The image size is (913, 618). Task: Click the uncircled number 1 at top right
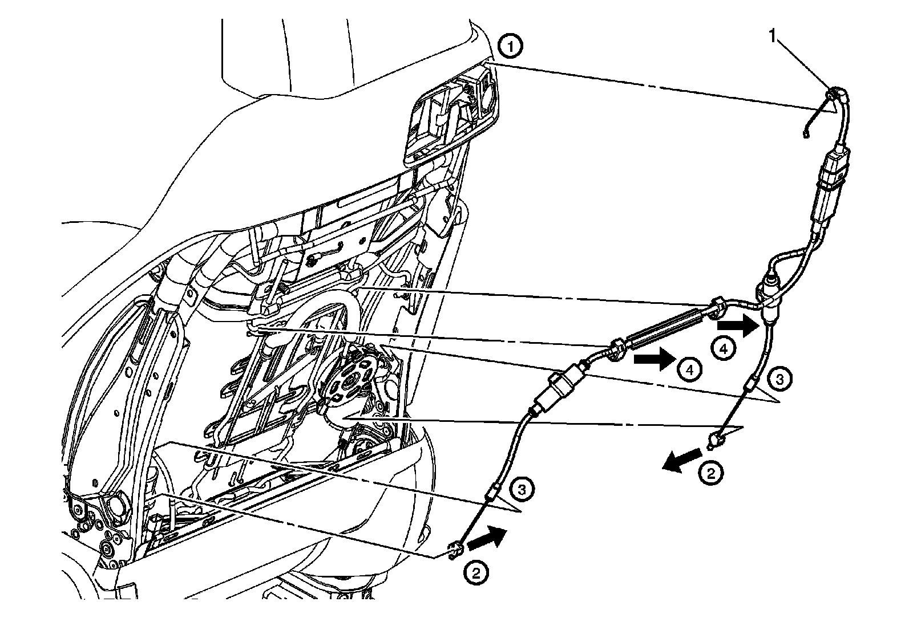773,36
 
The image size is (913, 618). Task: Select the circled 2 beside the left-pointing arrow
710,473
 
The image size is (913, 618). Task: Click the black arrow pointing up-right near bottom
486,538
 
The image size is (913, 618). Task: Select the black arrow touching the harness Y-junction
736,326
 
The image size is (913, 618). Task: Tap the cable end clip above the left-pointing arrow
716,440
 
